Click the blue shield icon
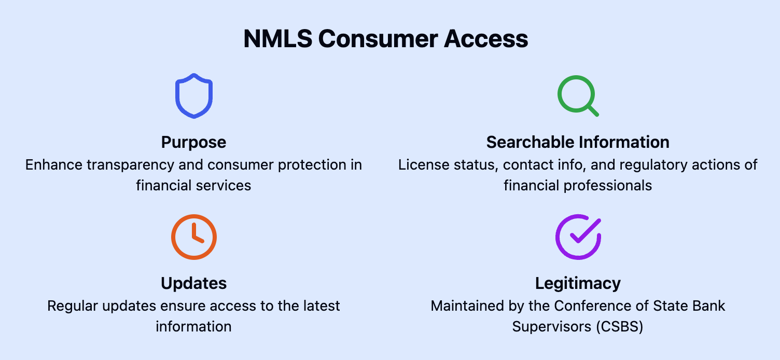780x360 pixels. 194,96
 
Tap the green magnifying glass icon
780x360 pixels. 577,96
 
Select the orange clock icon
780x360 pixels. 194,237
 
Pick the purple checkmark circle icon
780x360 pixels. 578,237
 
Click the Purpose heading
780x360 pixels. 193,142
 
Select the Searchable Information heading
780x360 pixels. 578,142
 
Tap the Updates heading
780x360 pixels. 193,283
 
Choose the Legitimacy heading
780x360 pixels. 578,283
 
